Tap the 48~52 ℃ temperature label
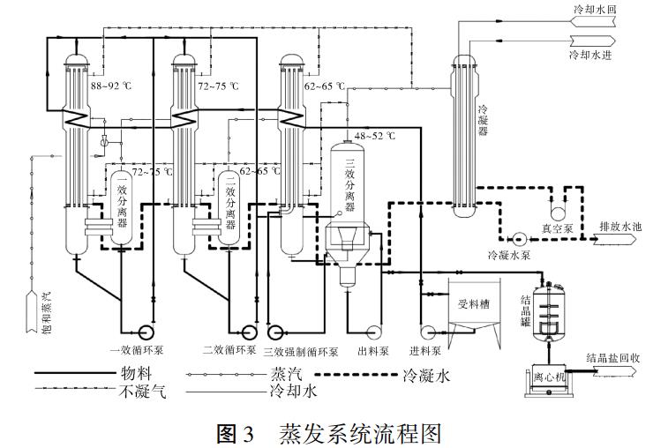pos(375,136)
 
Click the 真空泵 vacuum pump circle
pos(558,213)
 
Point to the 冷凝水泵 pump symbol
pos(517,238)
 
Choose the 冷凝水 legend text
pos(426,374)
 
